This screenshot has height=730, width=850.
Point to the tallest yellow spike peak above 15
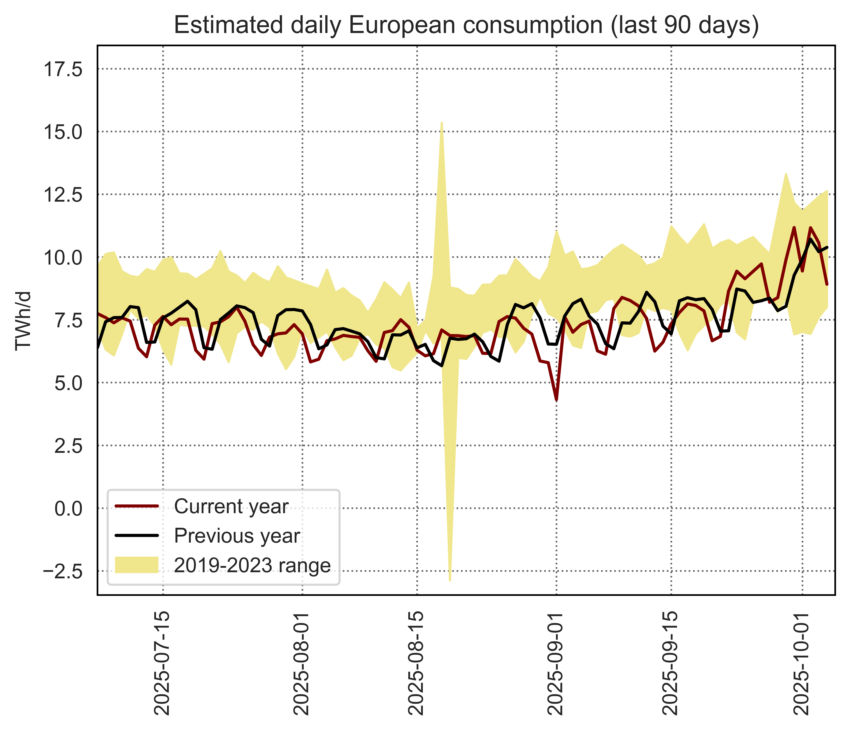point(441,122)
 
